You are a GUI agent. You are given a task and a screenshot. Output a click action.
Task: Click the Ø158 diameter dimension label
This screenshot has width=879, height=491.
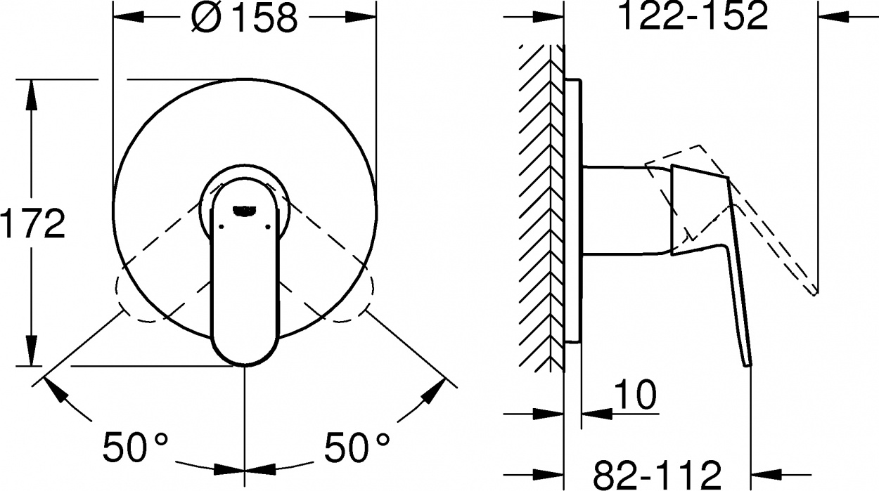pyautogui.click(x=245, y=18)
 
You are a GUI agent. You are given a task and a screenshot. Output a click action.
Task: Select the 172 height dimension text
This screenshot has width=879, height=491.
pyautogui.click(x=33, y=224)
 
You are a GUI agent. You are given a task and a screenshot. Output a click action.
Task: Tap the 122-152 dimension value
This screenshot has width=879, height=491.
pyautogui.click(x=693, y=15)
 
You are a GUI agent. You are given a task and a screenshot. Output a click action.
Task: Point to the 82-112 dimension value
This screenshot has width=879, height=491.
pyautogui.click(x=657, y=475)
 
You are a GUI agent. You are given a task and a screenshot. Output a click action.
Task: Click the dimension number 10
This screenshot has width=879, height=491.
pyautogui.click(x=635, y=394)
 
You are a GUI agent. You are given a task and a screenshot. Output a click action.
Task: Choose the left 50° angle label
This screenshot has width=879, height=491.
pyautogui.click(x=136, y=447)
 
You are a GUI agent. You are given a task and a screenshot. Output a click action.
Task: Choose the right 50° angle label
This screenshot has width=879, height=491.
pyautogui.click(x=357, y=447)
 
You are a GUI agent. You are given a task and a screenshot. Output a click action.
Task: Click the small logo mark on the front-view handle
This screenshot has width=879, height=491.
pyautogui.click(x=244, y=211)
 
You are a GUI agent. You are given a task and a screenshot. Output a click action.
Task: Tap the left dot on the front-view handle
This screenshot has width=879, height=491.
pyautogui.click(x=222, y=226)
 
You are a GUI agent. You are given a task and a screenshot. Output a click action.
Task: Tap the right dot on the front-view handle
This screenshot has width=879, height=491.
pyautogui.click(x=269, y=226)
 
